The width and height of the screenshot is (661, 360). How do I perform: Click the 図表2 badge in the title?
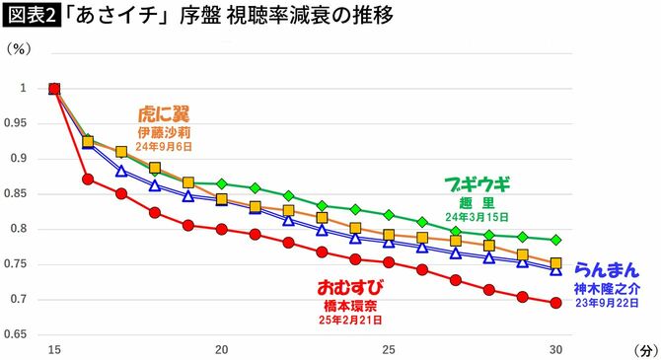(31, 17)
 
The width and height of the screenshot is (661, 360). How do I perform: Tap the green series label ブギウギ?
(478, 183)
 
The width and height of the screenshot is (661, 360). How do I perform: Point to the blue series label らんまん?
(606, 268)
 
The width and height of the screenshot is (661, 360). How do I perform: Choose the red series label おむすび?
(349, 287)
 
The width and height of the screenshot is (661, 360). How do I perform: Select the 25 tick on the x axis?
(389, 349)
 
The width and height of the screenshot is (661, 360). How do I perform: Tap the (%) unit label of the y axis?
(21, 48)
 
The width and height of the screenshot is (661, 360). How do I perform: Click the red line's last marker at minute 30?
(556, 303)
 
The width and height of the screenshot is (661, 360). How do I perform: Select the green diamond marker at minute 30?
(556, 240)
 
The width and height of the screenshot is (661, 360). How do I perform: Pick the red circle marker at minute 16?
(88, 180)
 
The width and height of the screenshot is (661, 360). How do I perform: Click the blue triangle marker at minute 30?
(556, 269)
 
